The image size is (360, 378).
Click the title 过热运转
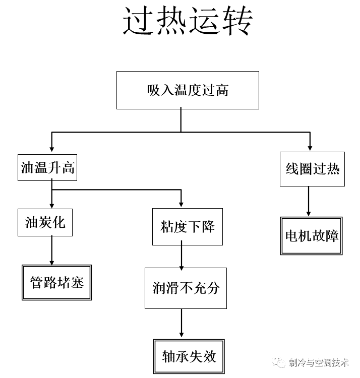(188, 21)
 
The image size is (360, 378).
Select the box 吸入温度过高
(188, 90)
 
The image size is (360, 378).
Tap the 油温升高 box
(48, 167)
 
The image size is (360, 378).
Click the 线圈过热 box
(312, 169)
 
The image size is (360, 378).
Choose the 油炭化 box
(45, 222)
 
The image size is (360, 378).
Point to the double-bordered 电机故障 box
(311, 236)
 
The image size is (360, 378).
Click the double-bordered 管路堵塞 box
(56, 282)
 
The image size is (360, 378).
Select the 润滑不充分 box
(186, 288)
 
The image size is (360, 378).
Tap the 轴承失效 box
(189, 356)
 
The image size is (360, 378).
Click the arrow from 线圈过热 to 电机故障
(309, 202)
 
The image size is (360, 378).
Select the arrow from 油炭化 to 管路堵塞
(51, 250)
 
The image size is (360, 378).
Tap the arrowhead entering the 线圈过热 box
(309, 147)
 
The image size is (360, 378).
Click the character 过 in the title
(138, 21)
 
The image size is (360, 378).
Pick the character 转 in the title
(236, 21)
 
